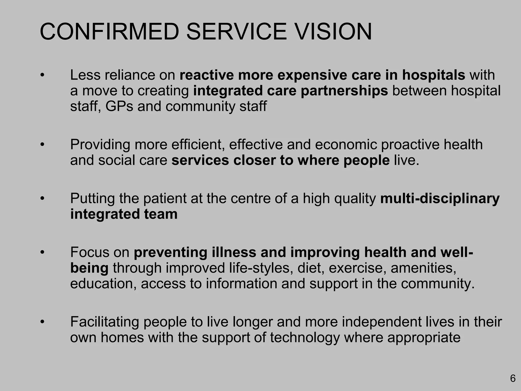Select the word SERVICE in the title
click(237, 32)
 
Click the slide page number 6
click(513, 379)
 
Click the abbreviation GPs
click(119, 106)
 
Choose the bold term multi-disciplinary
click(440, 199)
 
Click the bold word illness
click(234, 252)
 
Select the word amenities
click(424, 268)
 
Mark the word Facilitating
click(105, 322)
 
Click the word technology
click(305, 338)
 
